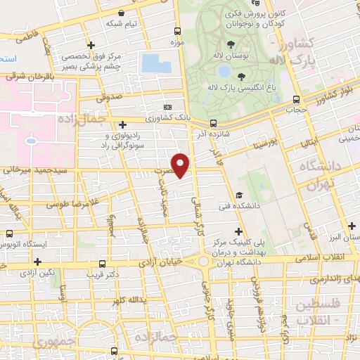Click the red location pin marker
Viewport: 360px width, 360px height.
(x=181, y=165)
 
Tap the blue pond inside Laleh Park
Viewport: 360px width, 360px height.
(x=224, y=72)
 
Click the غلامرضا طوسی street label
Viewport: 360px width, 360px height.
(x=70, y=205)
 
